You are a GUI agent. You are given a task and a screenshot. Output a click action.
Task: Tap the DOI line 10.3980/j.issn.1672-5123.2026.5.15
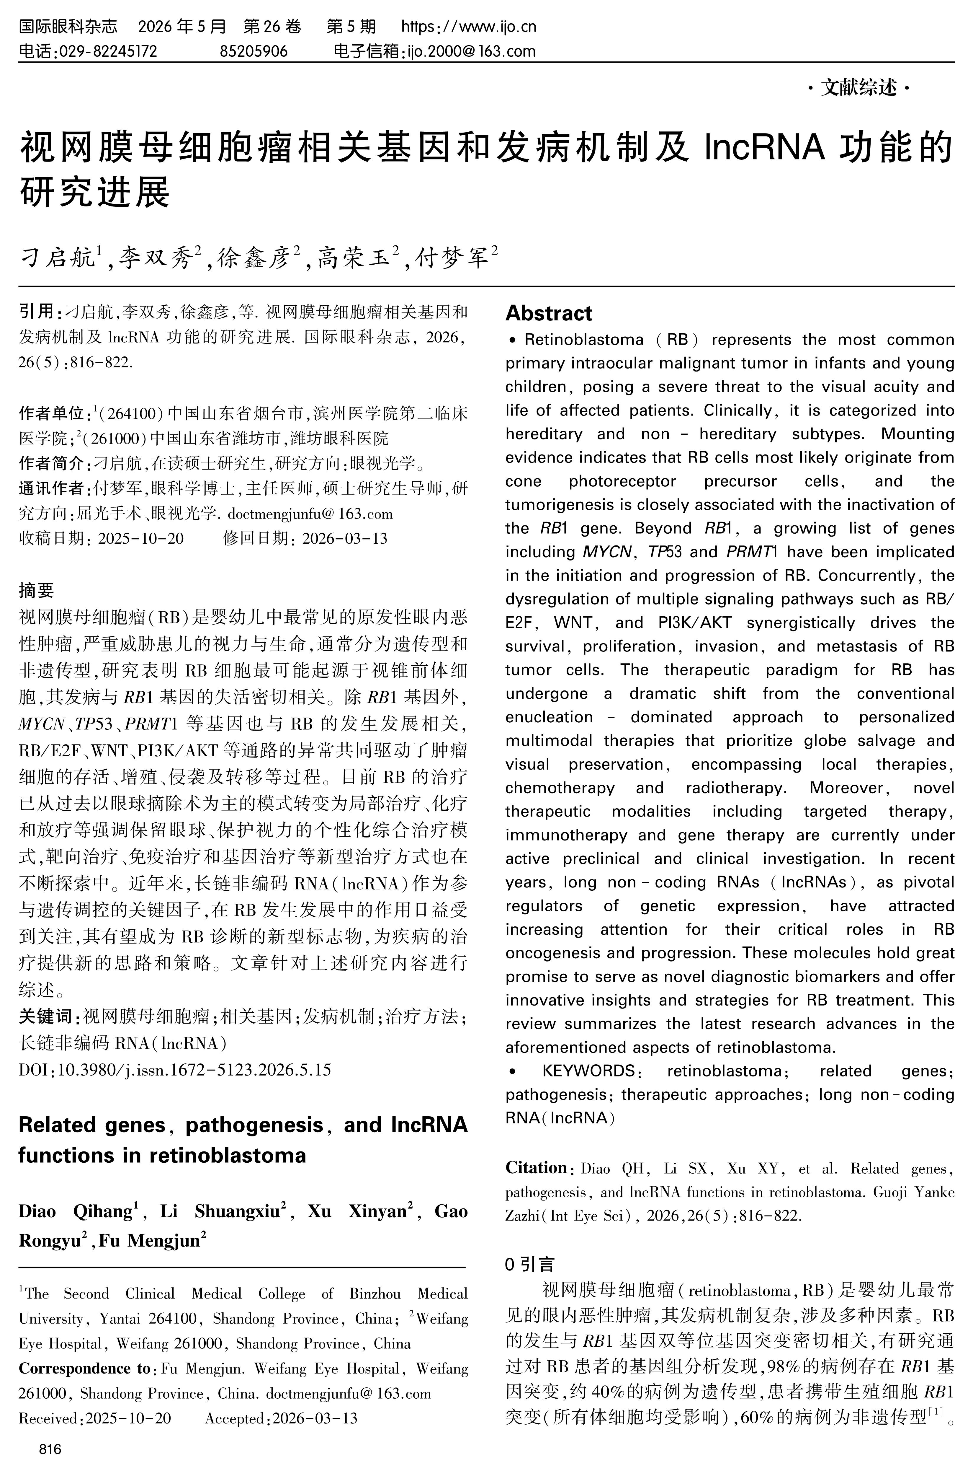(194, 1069)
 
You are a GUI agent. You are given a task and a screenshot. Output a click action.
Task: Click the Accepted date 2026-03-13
(315, 1418)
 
